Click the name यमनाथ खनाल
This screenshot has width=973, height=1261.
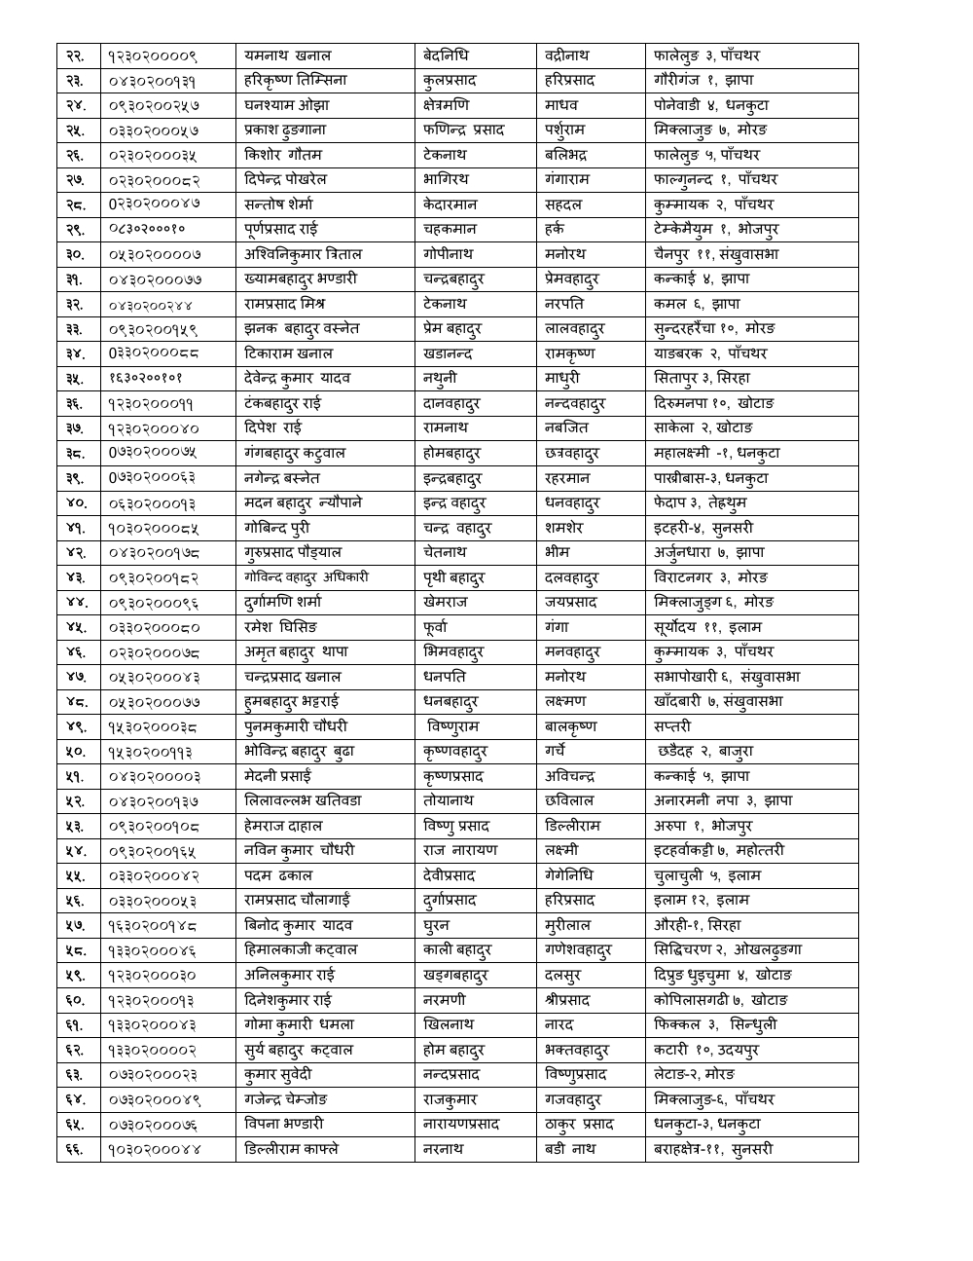[x=288, y=56]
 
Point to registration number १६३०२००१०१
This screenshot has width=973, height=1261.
[x=146, y=379]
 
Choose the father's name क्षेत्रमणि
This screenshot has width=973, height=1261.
[x=446, y=105]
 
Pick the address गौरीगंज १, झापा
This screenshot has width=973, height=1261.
[x=703, y=81]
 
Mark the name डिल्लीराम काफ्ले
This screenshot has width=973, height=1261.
[x=292, y=1149]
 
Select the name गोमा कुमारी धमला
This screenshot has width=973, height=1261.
[x=300, y=1024]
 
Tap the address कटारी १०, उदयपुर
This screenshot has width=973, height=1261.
[x=706, y=1050]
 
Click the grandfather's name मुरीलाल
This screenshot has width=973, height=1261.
[x=568, y=925]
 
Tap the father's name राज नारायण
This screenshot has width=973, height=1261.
[x=460, y=850]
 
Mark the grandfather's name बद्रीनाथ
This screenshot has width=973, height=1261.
[x=567, y=56]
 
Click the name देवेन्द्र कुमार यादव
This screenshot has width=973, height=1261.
[x=298, y=379]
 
